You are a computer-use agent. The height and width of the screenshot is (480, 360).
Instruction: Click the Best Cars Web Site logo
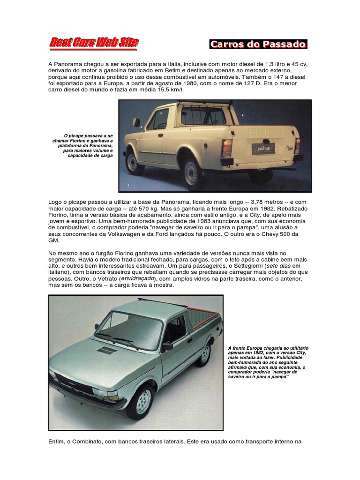[x=94, y=44]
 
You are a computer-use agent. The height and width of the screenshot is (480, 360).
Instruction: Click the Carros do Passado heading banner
[x=258, y=45]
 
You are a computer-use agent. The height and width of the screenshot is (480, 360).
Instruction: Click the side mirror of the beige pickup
[x=136, y=122]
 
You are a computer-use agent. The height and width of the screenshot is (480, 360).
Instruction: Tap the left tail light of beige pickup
[x=227, y=147]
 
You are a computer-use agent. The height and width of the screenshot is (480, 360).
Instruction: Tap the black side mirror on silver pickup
[x=167, y=347]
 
